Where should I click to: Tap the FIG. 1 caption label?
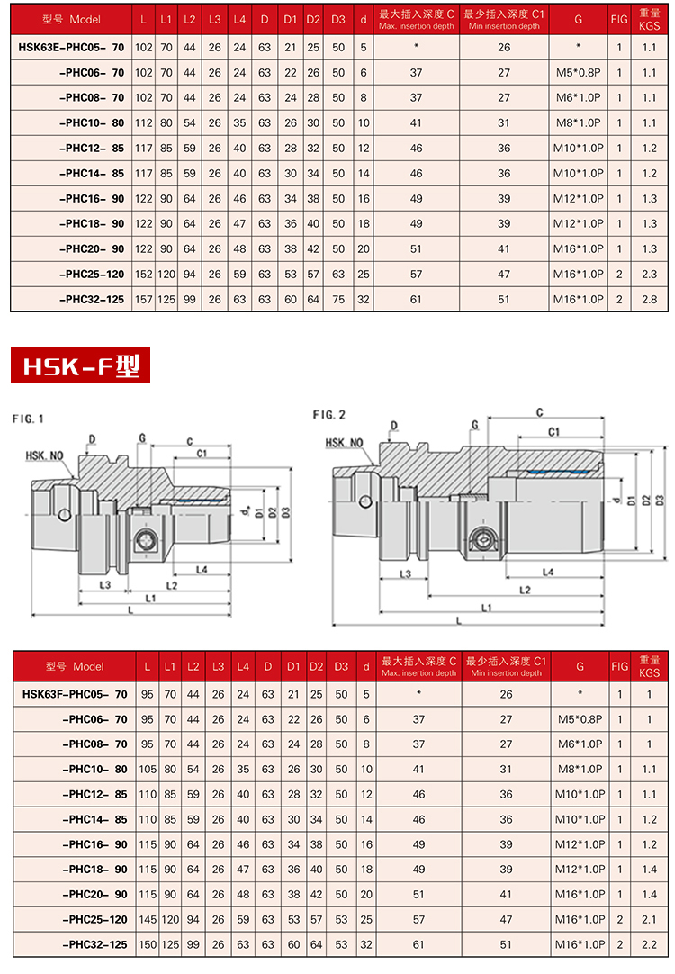click(x=28, y=419)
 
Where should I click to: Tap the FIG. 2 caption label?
click(x=330, y=414)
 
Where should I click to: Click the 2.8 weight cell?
click(x=649, y=299)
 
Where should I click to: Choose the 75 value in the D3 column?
click(x=339, y=299)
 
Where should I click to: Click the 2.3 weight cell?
click(x=649, y=274)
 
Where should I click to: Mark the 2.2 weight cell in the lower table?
click(x=649, y=945)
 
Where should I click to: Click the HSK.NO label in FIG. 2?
click(x=344, y=443)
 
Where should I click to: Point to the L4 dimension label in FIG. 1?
click(x=201, y=570)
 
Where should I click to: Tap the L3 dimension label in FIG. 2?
click(x=406, y=573)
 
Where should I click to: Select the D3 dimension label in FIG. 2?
click(x=659, y=500)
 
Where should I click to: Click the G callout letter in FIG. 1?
click(x=141, y=437)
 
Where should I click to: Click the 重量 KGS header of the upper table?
click(x=649, y=20)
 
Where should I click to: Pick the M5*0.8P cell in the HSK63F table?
click(x=580, y=719)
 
